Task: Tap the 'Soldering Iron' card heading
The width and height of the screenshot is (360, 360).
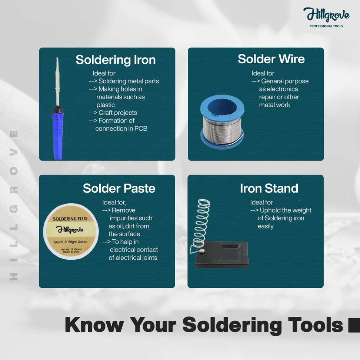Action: [x=116, y=60]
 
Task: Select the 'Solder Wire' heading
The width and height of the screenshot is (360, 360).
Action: [x=271, y=59]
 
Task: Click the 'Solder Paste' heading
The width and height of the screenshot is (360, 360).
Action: [x=119, y=188]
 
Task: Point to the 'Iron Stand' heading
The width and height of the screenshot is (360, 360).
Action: [x=269, y=188]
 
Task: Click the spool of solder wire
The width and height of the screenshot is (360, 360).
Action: [x=222, y=122]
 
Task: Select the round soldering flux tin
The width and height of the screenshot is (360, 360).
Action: [x=71, y=231]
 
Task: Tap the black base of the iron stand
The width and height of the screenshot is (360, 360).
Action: [x=222, y=255]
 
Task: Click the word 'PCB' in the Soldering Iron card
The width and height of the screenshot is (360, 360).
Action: [x=141, y=129]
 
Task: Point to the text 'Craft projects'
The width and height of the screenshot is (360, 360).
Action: [x=117, y=113]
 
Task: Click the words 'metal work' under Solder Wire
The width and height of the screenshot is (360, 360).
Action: [x=274, y=105]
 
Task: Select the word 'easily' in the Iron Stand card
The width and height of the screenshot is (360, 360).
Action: [x=266, y=226]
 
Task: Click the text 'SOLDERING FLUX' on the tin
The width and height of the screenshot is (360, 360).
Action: [x=70, y=219]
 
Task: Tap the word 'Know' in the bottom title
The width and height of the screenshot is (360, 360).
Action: [x=94, y=324]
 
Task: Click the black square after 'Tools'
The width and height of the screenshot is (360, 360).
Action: [x=354, y=325]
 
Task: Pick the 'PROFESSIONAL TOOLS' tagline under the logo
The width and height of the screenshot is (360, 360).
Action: [x=326, y=26]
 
